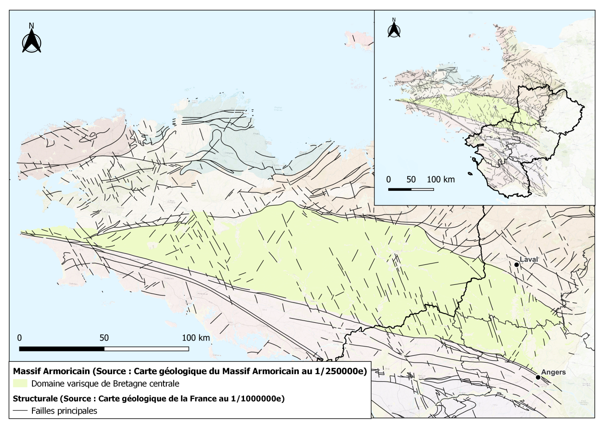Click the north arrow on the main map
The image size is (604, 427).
[31, 40]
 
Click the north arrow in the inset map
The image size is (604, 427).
[394, 29]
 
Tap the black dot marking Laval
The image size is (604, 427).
[516, 264]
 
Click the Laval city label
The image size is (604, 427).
[528, 259]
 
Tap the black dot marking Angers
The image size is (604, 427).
[538, 377]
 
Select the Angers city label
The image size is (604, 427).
[554, 372]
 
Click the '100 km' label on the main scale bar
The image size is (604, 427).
[195, 338]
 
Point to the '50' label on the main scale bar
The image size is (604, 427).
[104, 338]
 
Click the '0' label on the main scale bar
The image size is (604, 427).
[19, 338]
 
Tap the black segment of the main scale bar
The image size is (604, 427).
[62, 348]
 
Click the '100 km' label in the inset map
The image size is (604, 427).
[440, 179]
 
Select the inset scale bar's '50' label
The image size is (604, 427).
[411, 179]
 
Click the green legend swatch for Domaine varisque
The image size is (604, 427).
[20, 383]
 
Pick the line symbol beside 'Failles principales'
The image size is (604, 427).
[20, 410]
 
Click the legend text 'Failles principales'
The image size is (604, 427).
[64, 411]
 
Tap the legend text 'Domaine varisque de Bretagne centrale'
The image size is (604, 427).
[105, 384]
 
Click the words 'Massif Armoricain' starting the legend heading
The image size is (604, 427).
[46, 371]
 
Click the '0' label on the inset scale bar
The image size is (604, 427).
[389, 179]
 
